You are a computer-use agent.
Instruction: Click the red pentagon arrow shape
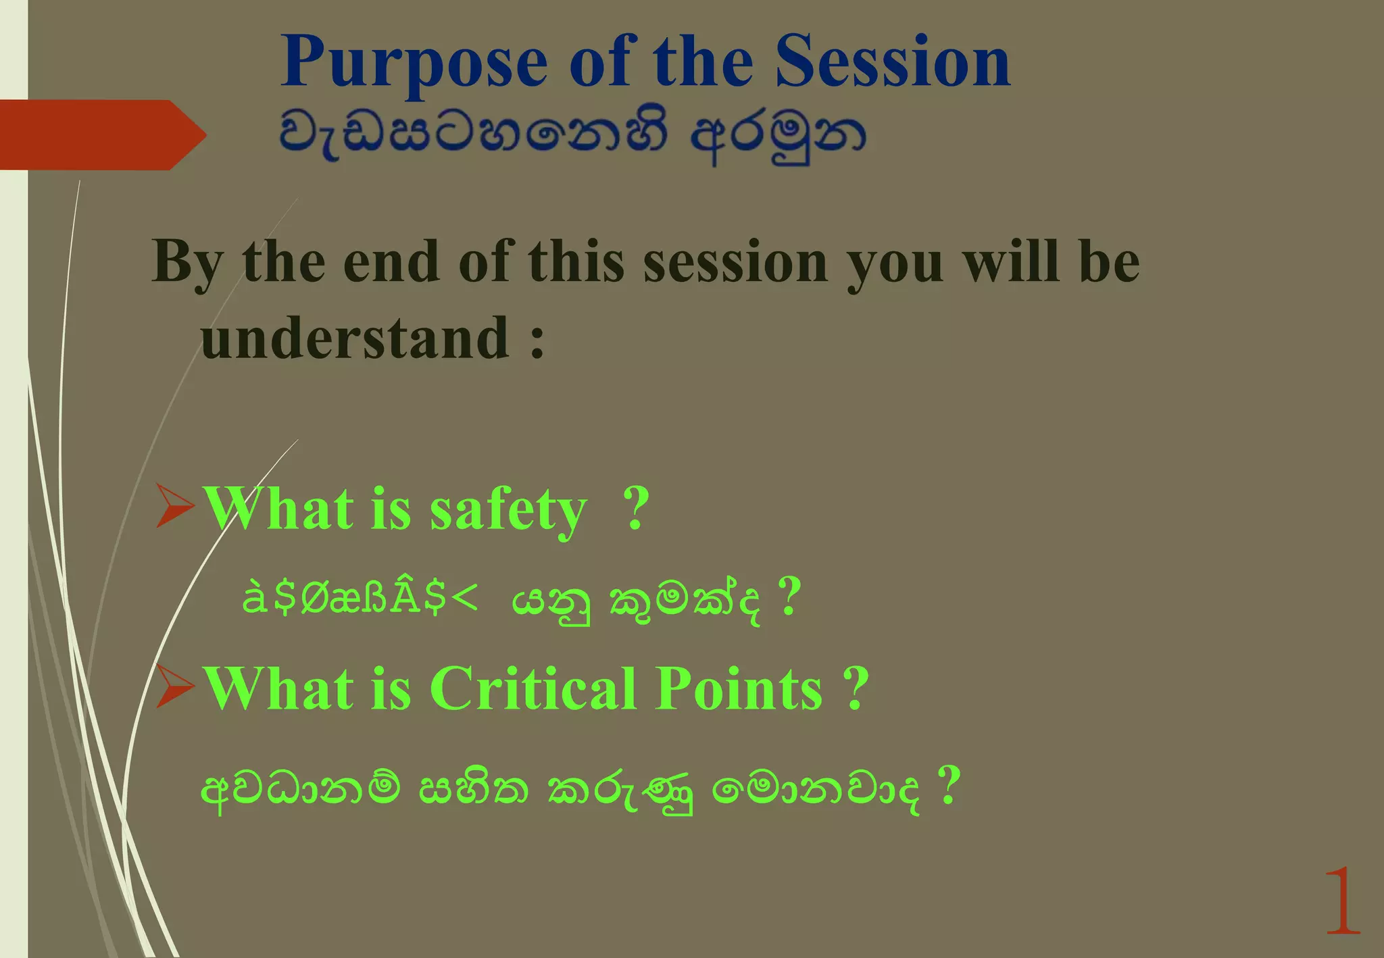click(x=101, y=134)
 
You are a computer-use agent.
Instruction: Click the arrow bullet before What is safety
click(x=175, y=505)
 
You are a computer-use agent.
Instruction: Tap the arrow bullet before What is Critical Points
click(x=175, y=686)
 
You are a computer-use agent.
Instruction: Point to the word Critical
click(x=533, y=688)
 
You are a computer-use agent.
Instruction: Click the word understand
click(x=355, y=338)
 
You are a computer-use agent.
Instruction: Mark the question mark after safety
click(x=635, y=508)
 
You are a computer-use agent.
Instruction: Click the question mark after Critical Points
click(x=856, y=688)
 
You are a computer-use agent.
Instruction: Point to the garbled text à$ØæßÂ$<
click(x=360, y=598)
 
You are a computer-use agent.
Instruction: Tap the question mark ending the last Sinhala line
click(x=949, y=785)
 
